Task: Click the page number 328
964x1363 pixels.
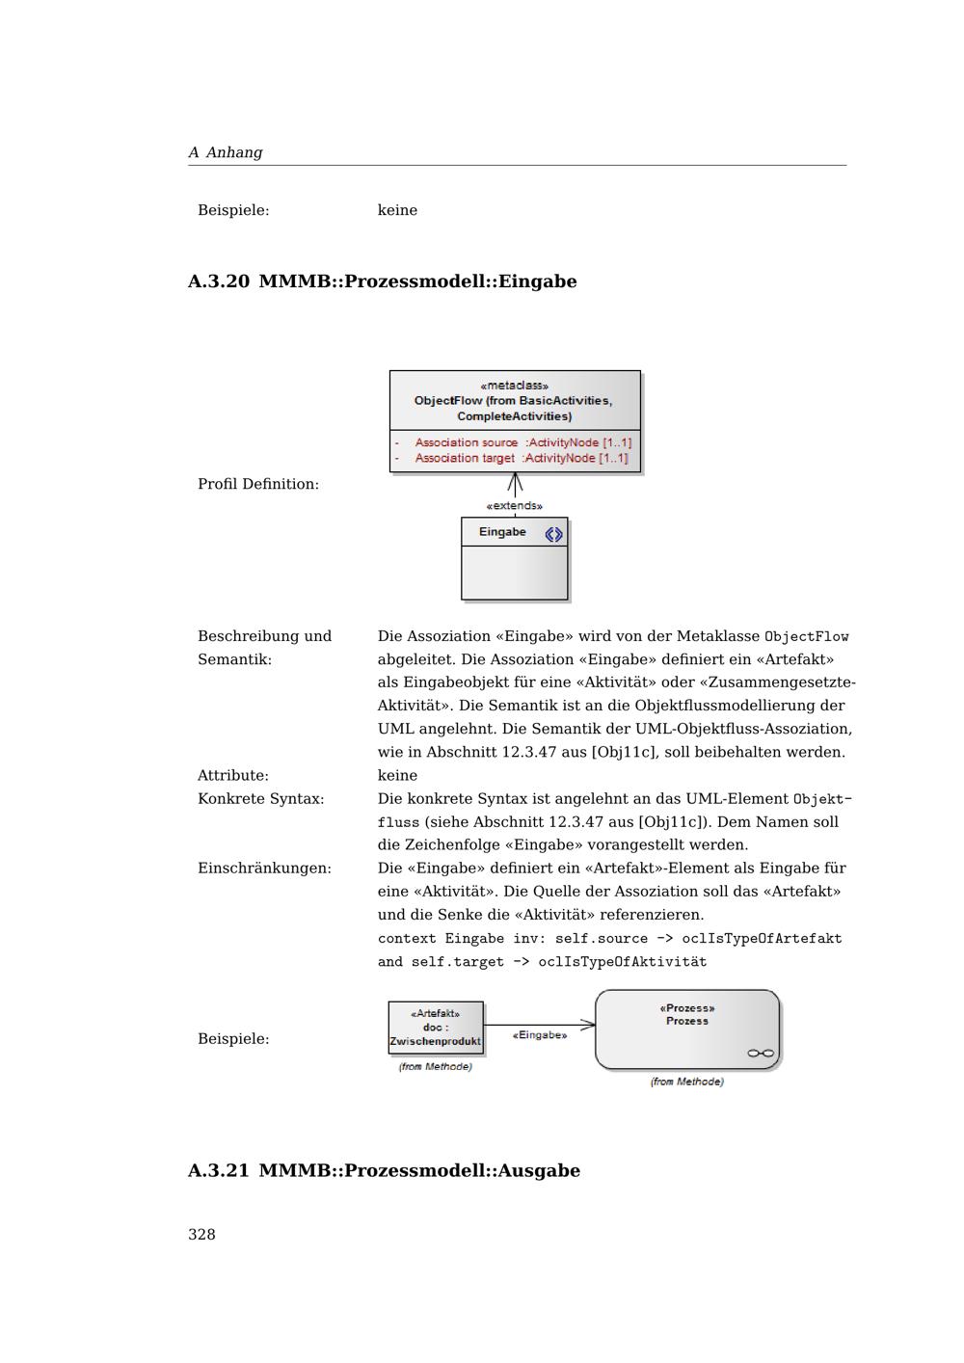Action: pyautogui.click(x=201, y=1235)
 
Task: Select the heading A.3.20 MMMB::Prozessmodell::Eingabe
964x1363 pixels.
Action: pyautogui.click(x=382, y=281)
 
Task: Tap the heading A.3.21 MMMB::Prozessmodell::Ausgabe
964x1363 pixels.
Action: pyautogui.click(x=384, y=1170)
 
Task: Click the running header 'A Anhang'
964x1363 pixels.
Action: pyautogui.click(x=226, y=152)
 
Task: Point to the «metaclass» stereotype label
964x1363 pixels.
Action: pyautogui.click(x=515, y=386)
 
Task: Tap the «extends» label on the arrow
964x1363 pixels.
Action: pyautogui.click(x=515, y=506)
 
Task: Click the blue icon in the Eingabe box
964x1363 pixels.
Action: pyautogui.click(x=553, y=534)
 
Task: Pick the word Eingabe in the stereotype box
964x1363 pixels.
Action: pyautogui.click(x=502, y=532)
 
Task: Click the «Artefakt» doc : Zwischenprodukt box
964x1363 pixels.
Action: pyautogui.click(x=435, y=1028)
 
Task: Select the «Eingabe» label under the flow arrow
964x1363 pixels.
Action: pyautogui.click(x=540, y=1035)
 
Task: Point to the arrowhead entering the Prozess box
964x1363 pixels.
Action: pyautogui.click(x=587, y=1025)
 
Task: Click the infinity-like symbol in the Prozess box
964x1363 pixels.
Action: pyautogui.click(x=761, y=1053)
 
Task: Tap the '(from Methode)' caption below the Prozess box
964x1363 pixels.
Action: pyautogui.click(x=686, y=1082)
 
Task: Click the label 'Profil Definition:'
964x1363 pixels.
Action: pyautogui.click(x=257, y=484)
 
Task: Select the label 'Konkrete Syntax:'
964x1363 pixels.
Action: pyautogui.click(x=260, y=799)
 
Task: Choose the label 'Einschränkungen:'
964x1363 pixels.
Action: pyautogui.click(x=264, y=869)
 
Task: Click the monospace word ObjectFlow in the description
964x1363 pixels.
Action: pyautogui.click(x=806, y=636)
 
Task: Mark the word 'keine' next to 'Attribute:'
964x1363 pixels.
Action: pyautogui.click(x=397, y=776)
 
